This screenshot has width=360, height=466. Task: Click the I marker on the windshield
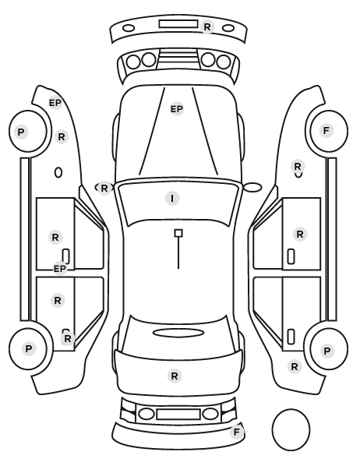coord(172,198)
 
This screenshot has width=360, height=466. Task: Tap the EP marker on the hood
coord(177,109)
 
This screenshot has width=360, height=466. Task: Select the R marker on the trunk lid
coord(175,376)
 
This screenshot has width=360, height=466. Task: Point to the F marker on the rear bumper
coord(237,432)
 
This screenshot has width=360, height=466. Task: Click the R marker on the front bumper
coord(207,26)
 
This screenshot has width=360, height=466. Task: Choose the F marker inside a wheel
coord(326,130)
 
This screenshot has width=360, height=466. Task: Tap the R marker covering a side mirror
coord(104,188)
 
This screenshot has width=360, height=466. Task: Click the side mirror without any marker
coord(252,187)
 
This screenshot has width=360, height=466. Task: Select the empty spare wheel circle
coord(291,429)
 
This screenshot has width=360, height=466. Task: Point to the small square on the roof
coord(178,233)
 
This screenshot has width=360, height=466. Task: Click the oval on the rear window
coord(178,333)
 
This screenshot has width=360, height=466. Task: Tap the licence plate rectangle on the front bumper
coord(178,24)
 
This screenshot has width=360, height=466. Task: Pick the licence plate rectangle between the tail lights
coord(178,414)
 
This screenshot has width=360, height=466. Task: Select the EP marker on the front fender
coord(55,103)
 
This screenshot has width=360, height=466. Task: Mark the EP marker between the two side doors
coord(60,269)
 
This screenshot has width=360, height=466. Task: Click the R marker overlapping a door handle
coord(68,338)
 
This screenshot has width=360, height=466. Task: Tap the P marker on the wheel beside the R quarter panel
coord(327,351)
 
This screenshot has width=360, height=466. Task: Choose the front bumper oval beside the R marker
coord(228,29)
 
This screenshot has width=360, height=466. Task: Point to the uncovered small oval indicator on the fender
coord(58,173)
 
